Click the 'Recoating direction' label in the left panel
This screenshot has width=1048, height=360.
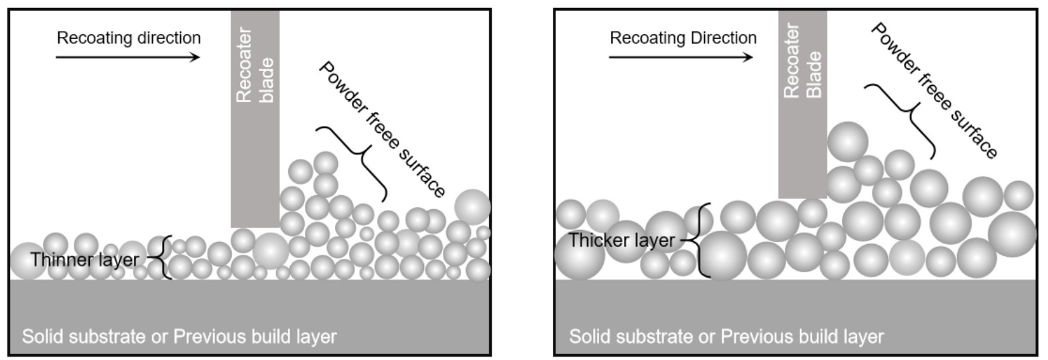click(x=129, y=38)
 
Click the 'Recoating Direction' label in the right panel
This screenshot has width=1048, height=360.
click(x=683, y=38)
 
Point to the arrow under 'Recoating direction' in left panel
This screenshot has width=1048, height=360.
click(x=127, y=57)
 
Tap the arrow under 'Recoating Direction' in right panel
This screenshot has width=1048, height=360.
click(x=681, y=57)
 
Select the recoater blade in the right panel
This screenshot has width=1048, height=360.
click(x=802, y=154)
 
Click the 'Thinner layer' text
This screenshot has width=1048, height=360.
click(x=84, y=259)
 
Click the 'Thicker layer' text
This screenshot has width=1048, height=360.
click(x=621, y=240)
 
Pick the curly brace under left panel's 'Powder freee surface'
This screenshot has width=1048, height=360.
click(x=354, y=162)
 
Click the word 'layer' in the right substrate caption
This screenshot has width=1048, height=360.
click(x=865, y=336)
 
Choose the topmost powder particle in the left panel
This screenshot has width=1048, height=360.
click(x=326, y=163)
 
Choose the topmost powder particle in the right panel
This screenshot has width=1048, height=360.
click(x=848, y=141)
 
